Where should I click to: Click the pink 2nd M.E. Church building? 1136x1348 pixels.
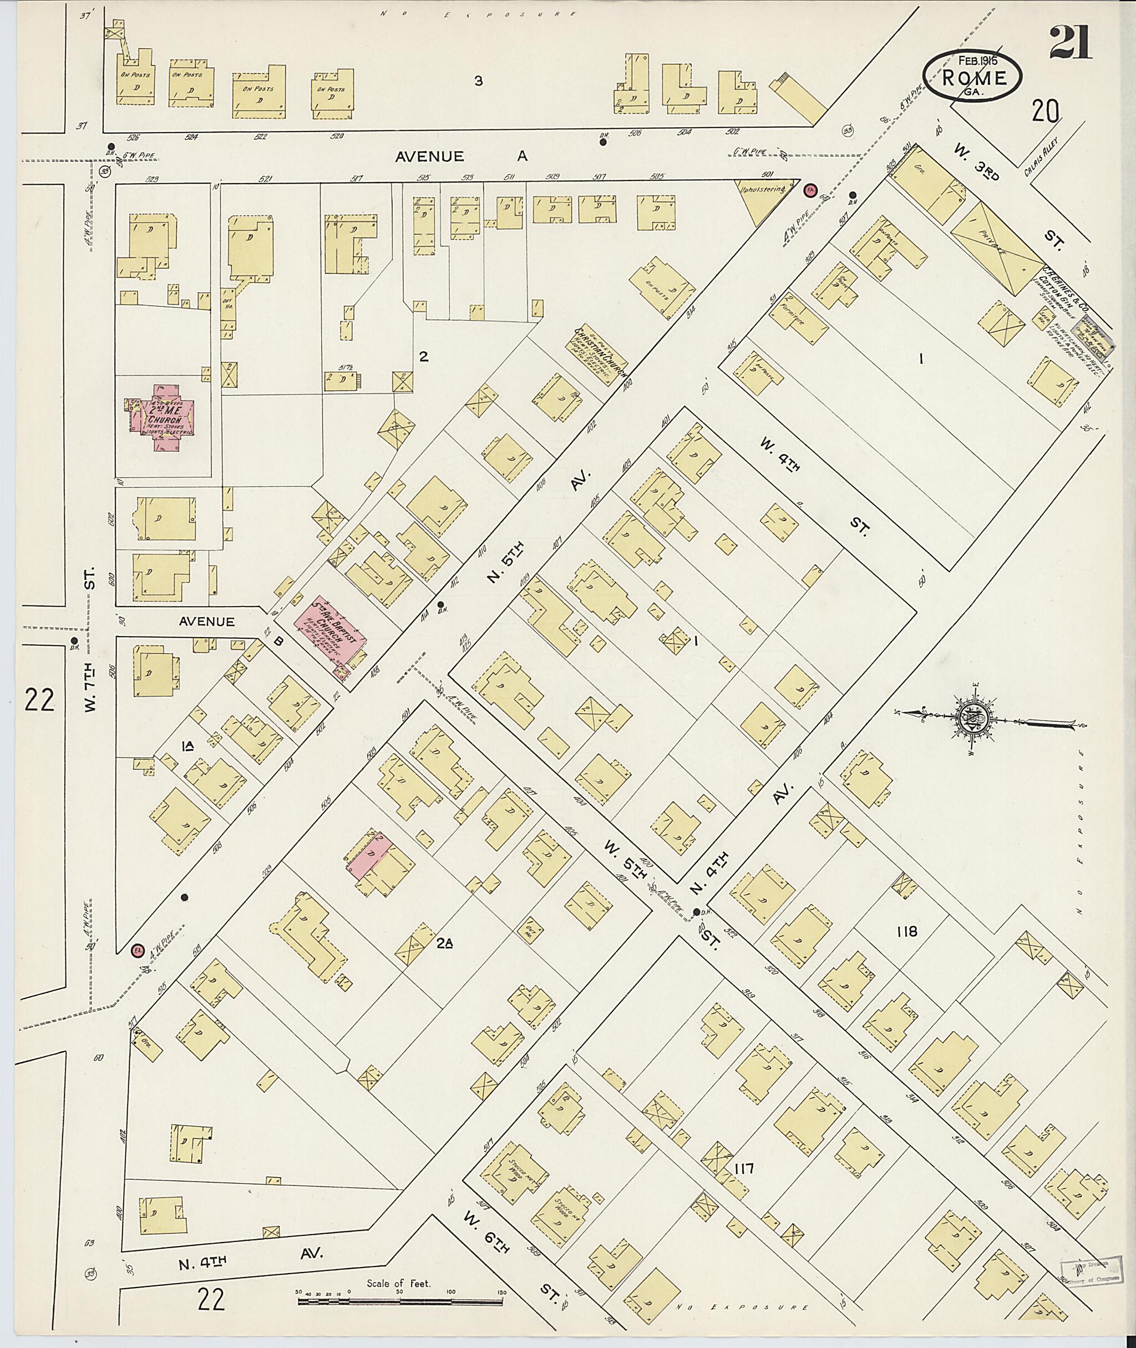pos(163,419)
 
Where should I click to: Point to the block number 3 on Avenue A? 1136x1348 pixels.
pos(478,81)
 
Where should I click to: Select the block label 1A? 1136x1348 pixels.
pos(188,746)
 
